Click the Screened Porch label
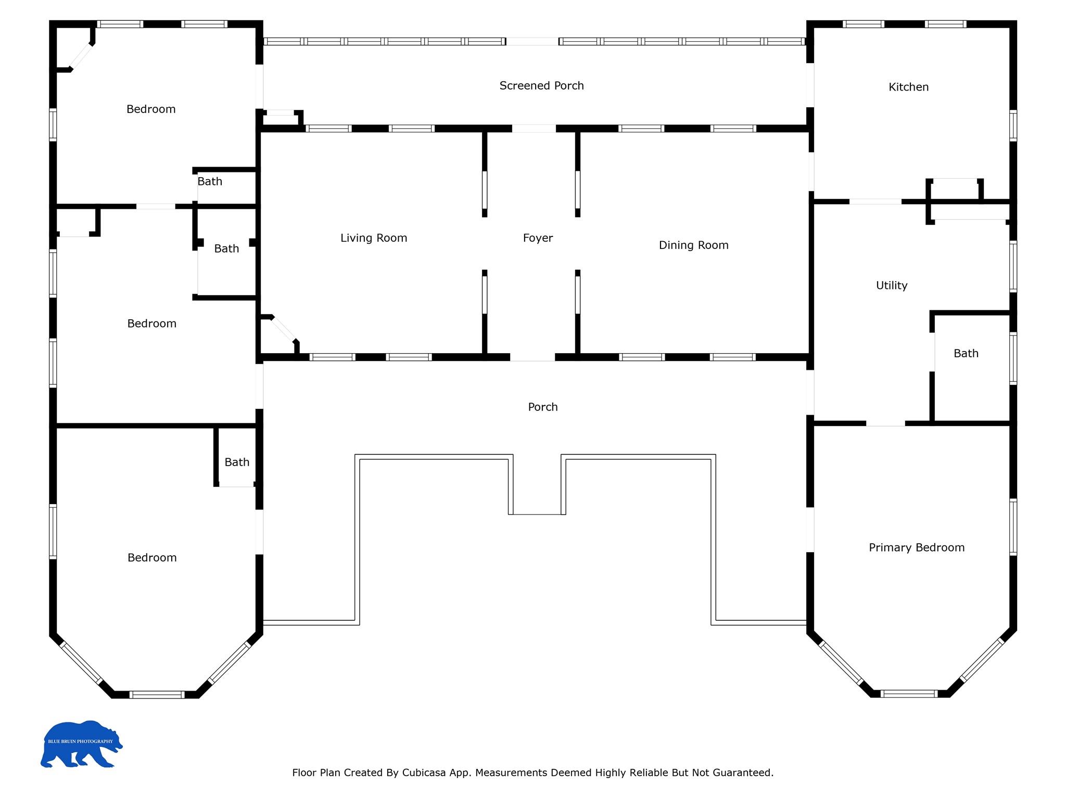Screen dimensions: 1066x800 click(541, 86)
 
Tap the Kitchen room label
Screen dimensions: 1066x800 click(908, 87)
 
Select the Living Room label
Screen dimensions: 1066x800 click(374, 238)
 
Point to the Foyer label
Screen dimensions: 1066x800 click(538, 238)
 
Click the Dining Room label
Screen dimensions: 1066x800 click(693, 245)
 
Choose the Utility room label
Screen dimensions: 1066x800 click(892, 285)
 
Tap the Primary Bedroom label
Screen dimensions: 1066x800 click(917, 547)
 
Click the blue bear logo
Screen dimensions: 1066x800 click(81, 744)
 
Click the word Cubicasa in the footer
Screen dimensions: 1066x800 click(424, 772)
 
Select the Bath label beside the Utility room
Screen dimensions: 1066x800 click(966, 354)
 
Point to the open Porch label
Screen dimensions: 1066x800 click(543, 407)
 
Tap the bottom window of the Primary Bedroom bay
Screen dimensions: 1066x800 click(909, 694)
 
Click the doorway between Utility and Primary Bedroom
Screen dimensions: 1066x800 click(885, 423)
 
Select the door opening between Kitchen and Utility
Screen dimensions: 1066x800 click(875, 202)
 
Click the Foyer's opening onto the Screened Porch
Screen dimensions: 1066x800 click(534, 129)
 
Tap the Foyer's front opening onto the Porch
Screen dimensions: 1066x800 click(532, 357)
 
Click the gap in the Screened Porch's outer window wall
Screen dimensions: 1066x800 click(532, 42)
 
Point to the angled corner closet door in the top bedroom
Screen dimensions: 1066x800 click(82, 56)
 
